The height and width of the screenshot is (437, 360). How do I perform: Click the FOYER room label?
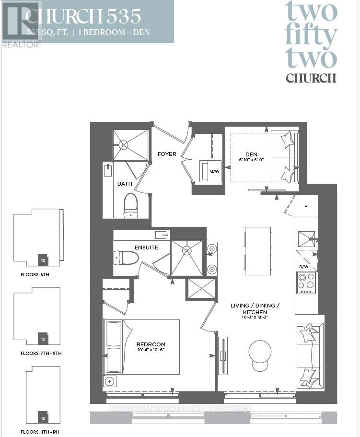[x=167, y=154]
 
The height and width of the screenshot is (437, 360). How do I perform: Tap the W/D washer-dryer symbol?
[x=211, y=171]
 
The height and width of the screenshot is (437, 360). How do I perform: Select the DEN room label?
[x=252, y=154]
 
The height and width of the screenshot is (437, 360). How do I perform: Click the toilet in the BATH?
[x=130, y=205]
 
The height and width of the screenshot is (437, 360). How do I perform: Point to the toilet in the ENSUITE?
[x=126, y=258]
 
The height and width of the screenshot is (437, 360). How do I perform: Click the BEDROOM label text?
[x=151, y=344]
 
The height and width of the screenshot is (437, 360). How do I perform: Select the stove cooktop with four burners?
[x=306, y=283]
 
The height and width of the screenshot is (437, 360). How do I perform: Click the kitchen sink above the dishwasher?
[x=306, y=238]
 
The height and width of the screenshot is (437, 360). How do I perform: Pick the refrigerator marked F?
[x=306, y=205]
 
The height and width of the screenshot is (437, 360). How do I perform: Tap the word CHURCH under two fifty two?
[x=311, y=78]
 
